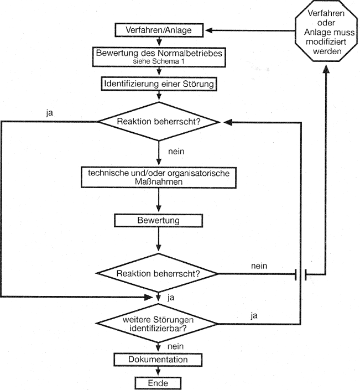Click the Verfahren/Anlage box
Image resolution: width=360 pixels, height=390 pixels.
pos(159,30)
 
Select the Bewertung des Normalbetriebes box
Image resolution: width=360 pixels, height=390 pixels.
pos(159,57)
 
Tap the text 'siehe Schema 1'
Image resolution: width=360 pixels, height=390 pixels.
pos(159,63)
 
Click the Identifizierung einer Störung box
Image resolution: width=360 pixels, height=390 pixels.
pos(159,84)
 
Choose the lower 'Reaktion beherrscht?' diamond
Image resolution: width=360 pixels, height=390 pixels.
pos(159,273)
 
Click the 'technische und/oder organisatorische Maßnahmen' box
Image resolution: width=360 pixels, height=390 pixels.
pos(159,177)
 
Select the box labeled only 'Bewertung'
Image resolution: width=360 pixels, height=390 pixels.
pos(159,220)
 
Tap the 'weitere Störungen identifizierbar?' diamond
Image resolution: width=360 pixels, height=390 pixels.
pos(159,324)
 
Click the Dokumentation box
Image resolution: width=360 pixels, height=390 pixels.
pos(159,360)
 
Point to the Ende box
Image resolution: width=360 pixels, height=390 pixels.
pos(159,383)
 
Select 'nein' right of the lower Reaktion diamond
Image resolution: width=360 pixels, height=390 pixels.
pos(259,266)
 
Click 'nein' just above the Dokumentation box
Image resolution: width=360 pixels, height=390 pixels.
pos(175,346)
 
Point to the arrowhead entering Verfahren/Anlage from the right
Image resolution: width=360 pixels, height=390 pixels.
pos(210,30)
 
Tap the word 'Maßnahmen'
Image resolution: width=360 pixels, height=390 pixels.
pos(159,181)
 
